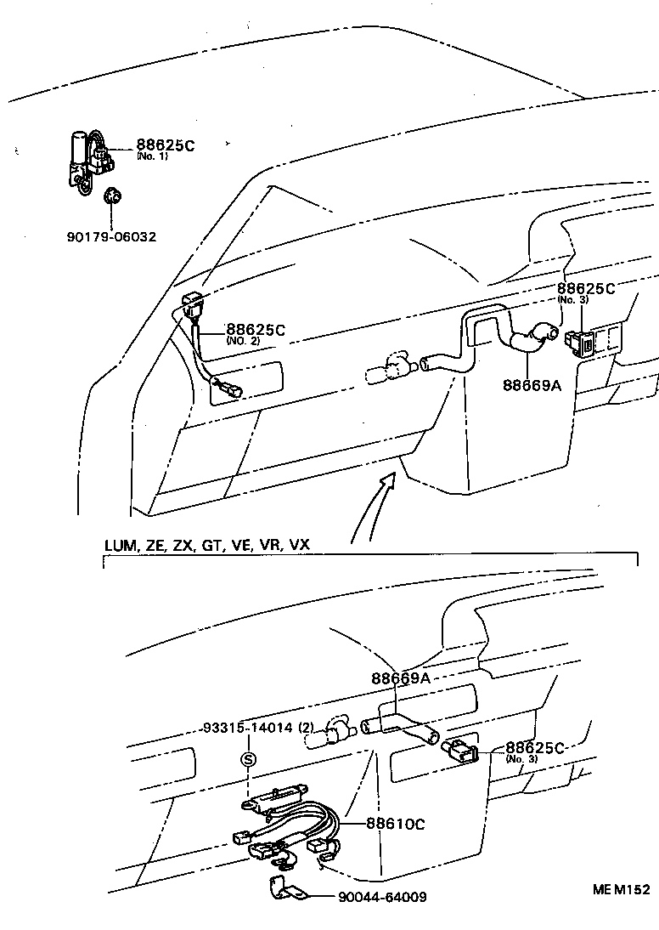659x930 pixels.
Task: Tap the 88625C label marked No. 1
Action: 165,146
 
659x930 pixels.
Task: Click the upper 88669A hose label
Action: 532,384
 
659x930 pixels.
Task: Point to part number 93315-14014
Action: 247,728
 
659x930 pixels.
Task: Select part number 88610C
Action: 396,823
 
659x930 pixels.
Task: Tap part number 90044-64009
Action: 382,897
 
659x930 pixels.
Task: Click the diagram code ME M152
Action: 621,889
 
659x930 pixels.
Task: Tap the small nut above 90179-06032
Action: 110,198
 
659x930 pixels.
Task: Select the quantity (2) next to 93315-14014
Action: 306,728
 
